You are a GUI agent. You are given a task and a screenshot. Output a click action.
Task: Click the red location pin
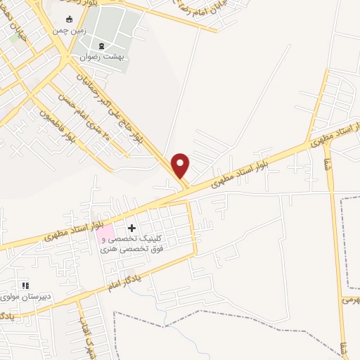pyautogui.click(x=181, y=165)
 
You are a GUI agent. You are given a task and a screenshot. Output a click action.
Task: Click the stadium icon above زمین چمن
pyautogui.click(x=68, y=19)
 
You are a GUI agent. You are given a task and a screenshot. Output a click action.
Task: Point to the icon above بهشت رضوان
pyautogui.click(x=102, y=46)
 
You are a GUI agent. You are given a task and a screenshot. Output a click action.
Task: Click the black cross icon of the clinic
pyautogui.click(x=131, y=228)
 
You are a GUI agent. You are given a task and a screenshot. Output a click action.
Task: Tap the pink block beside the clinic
pyautogui.click(x=104, y=232)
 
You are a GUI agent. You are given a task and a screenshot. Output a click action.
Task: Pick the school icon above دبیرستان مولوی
pyautogui.click(x=25, y=285)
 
